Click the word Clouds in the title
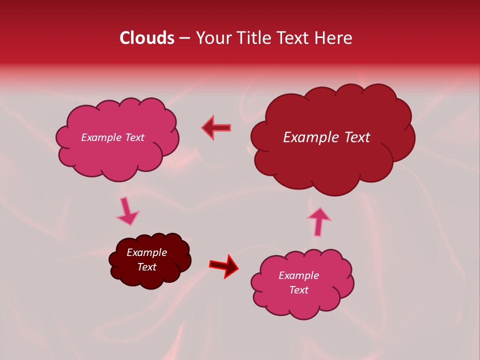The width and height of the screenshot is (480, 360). [147, 38]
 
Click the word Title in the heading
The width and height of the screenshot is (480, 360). [254, 38]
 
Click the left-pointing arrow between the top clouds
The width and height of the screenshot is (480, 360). [216, 127]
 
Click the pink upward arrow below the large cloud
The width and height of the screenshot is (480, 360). [319, 220]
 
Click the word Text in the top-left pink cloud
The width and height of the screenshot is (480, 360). [134, 137]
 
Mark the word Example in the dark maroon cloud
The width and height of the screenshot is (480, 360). [146, 252]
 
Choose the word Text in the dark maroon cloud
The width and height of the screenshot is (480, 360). [146, 267]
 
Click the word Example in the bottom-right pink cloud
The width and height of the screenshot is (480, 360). [298, 275]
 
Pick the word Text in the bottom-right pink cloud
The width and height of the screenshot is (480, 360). [298, 290]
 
